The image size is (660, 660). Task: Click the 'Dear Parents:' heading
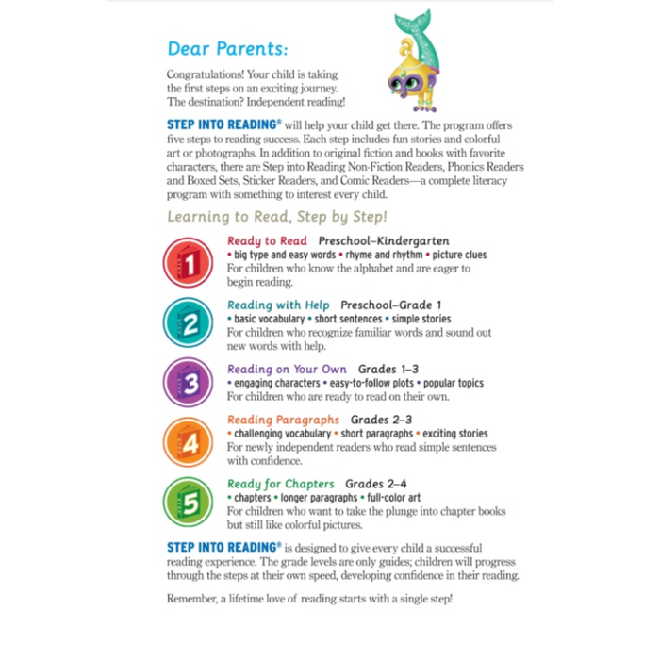pos(228,48)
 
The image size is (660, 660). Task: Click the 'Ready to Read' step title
pos(268,241)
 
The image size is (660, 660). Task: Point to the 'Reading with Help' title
pos(278,305)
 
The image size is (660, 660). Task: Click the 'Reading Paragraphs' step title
pos(283,420)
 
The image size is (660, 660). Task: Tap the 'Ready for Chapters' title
pos(281,484)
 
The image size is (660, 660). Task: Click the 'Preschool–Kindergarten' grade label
pos(384,241)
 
